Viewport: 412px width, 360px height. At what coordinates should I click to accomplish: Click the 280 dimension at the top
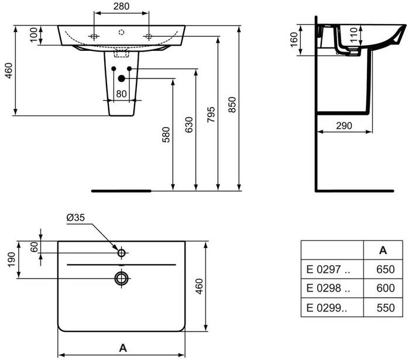pyautogui.click(x=121, y=6)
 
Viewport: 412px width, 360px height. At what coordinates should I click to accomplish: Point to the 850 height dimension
pyautogui.click(x=232, y=105)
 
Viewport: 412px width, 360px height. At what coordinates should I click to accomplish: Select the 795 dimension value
pyautogui.click(x=211, y=115)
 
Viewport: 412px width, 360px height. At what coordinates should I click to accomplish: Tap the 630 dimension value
pyautogui.click(x=189, y=125)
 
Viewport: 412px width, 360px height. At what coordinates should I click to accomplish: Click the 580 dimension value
pyautogui.click(x=166, y=135)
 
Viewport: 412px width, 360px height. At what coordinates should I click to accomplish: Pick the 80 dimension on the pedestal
pyautogui.click(x=121, y=94)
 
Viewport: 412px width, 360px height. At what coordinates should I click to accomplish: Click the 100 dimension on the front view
pyautogui.click(x=33, y=35)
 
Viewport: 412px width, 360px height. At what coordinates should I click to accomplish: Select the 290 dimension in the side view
pyautogui.click(x=344, y=126)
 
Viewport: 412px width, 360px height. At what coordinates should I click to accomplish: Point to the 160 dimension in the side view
pyautogui.click(x=294, y=40)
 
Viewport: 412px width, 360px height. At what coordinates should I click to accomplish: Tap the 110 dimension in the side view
pyautogui.click(x=354, y=35)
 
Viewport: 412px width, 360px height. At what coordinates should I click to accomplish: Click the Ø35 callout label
pyautogui.click(x=75, y=218)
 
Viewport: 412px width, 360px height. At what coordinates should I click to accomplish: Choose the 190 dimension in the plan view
pyautogui.click(x=11, y=259)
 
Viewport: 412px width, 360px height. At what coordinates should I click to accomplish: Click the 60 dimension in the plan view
pyautogui.click(x=34, y=247)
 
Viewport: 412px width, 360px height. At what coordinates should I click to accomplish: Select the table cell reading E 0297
pyautogui.click(x=328, y=269)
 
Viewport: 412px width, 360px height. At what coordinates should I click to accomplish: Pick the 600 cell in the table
pyautogui.click(x=386, y=288)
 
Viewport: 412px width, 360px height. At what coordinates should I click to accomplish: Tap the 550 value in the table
pyautogui.click(x=386, y=308)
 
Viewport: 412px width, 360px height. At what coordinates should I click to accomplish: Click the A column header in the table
pyautogui.click(x=383, y=251)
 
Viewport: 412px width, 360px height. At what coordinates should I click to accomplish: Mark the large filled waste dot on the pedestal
pyautogui.click(x=121, y=78)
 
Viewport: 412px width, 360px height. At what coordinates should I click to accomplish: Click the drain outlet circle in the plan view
pyautogui.click(x=121, y=278)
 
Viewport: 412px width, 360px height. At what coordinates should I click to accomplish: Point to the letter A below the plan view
pyautogui.click(x=123, y=348)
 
